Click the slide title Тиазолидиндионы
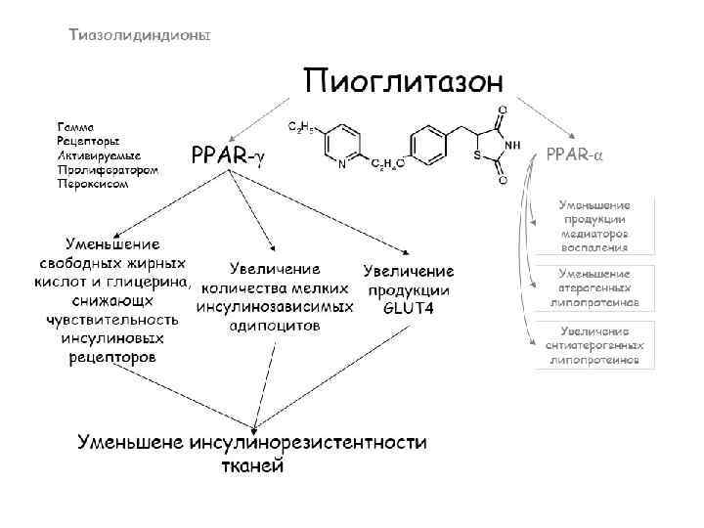coord(140,34)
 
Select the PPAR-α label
coord(574,154)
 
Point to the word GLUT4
coord(408,308)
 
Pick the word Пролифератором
coord(108,169)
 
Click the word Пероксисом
coord(93,183)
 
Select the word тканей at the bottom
coord(250,465)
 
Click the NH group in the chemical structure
coord(513,145)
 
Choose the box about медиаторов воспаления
coord(594,227)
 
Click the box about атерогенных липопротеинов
coord(594,288)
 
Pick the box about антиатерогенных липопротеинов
coord(594,345)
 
